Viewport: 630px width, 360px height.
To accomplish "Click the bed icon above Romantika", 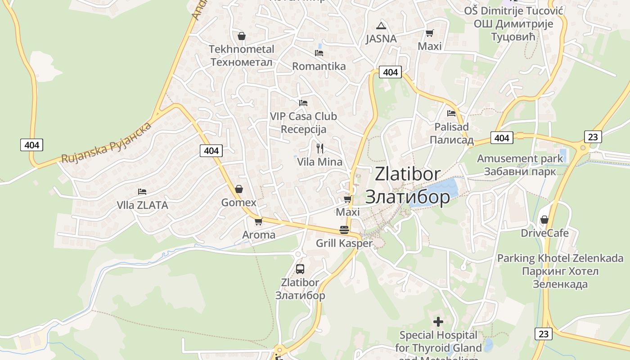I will tap(319, 53).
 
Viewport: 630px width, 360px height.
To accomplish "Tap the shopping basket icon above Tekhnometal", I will tap(242, 36).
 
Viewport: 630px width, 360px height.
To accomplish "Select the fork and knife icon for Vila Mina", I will tap(320, 148).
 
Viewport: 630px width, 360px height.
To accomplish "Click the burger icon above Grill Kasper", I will tap(344, 230).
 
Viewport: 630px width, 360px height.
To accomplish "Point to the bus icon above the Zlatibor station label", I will tap(300, 269).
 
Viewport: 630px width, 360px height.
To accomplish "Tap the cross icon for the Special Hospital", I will tap(438, 322).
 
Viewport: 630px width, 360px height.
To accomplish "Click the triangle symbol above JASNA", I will tap(381, 26).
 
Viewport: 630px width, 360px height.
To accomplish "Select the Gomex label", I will tap(238, 202).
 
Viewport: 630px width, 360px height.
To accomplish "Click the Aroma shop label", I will tap(259, 235).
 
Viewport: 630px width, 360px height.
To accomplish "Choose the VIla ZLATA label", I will tap(142, 205).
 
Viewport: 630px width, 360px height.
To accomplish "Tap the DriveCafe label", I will tap(544, 233).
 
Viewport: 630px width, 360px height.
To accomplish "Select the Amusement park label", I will tap(520, 158).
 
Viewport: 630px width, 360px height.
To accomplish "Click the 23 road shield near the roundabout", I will tap(593, 137).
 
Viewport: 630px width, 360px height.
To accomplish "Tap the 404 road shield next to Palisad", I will tap(501, 138).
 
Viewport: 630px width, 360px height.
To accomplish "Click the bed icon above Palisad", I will tap(451, 113).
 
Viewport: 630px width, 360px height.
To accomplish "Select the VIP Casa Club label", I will tap(303, 116).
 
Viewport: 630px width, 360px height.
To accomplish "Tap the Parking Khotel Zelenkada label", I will tap(560, 258).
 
